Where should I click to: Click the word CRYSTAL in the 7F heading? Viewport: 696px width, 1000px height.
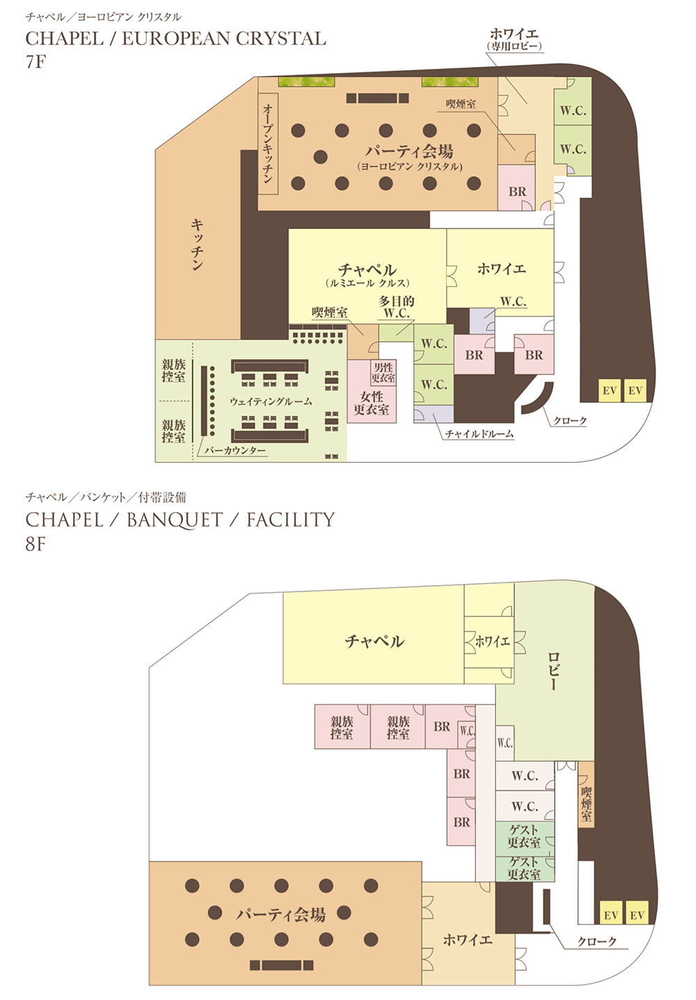280,39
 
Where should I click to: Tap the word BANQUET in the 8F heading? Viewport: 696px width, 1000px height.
175,520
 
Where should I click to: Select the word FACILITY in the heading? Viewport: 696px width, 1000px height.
291,520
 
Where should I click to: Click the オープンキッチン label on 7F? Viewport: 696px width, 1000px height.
268,144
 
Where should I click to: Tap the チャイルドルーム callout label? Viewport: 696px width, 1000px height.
480,434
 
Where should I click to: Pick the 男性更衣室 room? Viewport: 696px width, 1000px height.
383,372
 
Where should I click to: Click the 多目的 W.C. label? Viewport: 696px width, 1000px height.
397,307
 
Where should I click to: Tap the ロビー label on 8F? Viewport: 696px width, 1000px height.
554,672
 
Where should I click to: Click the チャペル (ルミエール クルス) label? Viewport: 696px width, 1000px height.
367,275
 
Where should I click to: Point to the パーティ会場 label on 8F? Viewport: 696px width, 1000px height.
280,914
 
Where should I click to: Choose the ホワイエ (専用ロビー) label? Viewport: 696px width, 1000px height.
514,39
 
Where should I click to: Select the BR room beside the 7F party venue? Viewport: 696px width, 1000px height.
516,188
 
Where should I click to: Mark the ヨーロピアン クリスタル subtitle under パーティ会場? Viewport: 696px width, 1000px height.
410,166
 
